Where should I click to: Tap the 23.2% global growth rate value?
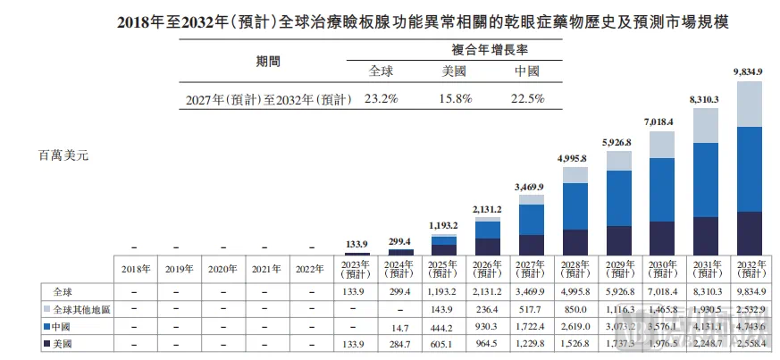pos(382,99)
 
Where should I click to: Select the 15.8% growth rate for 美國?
pos(455,99)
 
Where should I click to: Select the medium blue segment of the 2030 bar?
pos(662,189)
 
